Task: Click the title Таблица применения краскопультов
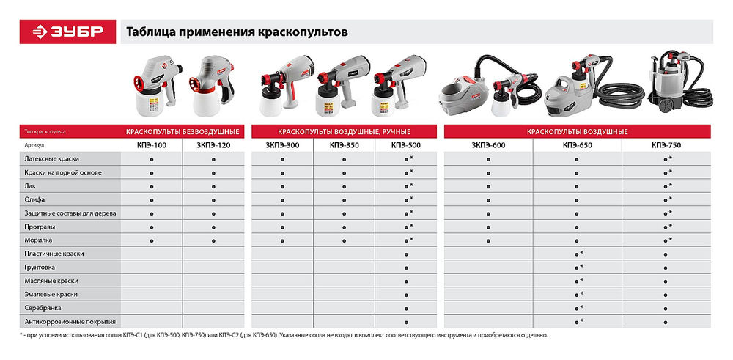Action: pos(237,32)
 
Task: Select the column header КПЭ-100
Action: pos(151,146)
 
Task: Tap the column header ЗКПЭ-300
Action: pos(282,146)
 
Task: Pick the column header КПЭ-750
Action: pos(666,146)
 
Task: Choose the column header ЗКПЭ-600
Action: pos(488,146)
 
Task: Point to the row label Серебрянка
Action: pos(43,308)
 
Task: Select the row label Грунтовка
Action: pos(40,268)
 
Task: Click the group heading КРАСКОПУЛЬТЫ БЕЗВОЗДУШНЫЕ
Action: pos(183,132)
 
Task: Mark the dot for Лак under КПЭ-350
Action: pos(344,186)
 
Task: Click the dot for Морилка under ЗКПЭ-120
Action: pos(213,240)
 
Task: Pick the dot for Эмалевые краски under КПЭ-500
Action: pos(405,295)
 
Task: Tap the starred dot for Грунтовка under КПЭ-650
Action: pos(577,268)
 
